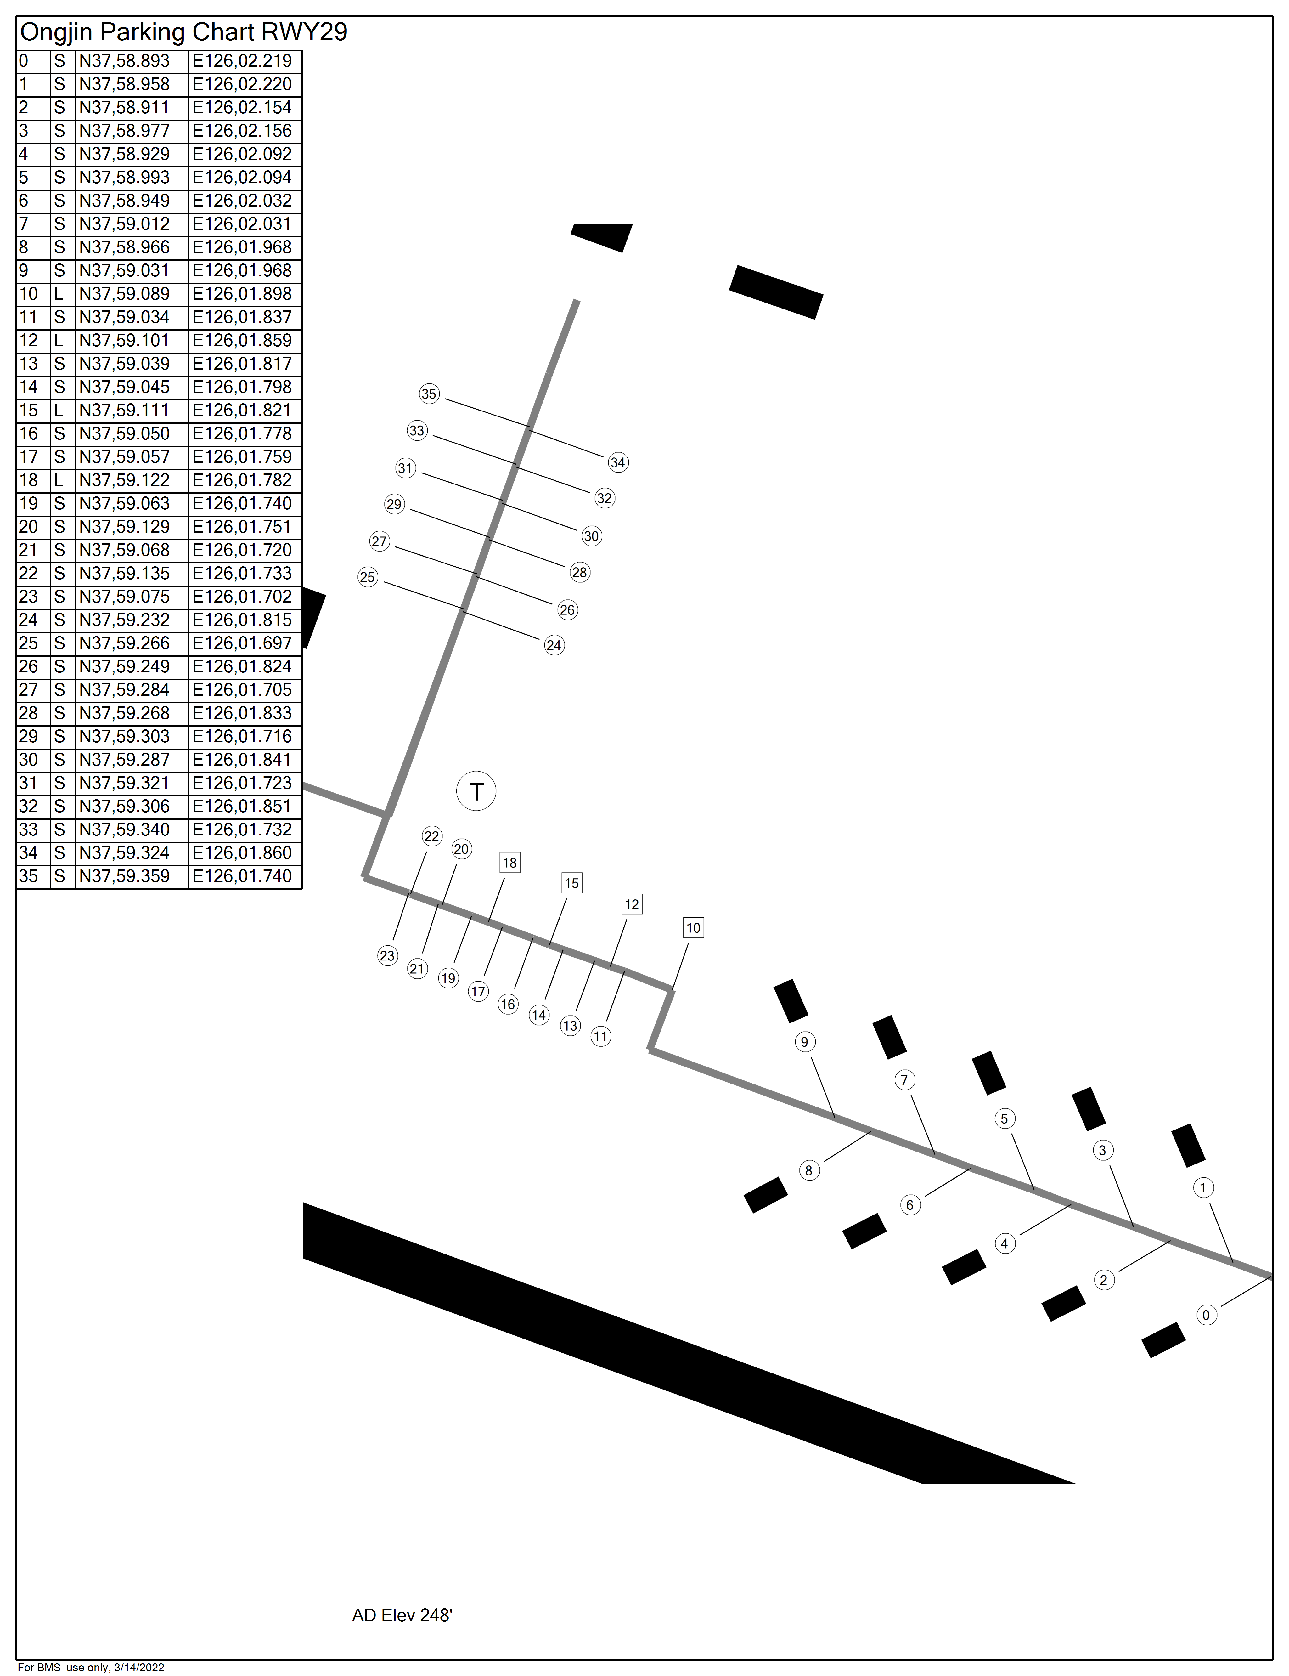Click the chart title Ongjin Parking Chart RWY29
[x=183, y=32]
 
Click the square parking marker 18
[x=509, y=863]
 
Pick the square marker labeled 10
[x=693, y=928]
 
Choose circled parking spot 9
[x=804, y=1041]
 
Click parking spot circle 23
[x=387, y=955]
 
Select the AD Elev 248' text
[x=402, y=1615]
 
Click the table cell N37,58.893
[x=124, y=61]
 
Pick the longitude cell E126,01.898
[x=242, y=294]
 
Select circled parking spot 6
[x=909, y=1205]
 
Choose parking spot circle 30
[x=591, y=536]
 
